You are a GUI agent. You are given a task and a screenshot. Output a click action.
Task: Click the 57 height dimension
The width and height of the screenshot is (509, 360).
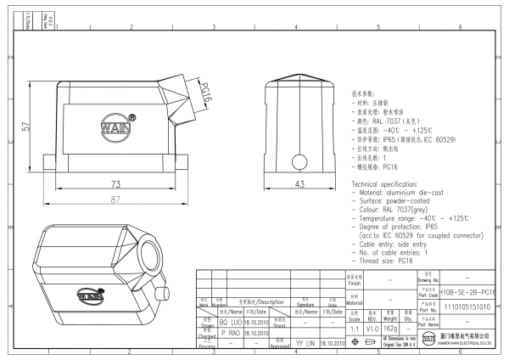[27, 126]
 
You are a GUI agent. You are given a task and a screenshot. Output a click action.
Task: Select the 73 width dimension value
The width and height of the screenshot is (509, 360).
[115, 184]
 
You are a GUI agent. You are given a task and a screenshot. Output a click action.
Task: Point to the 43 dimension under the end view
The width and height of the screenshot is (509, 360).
[299, 184]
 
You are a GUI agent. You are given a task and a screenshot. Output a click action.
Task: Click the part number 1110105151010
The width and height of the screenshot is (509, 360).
[473, 307]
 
